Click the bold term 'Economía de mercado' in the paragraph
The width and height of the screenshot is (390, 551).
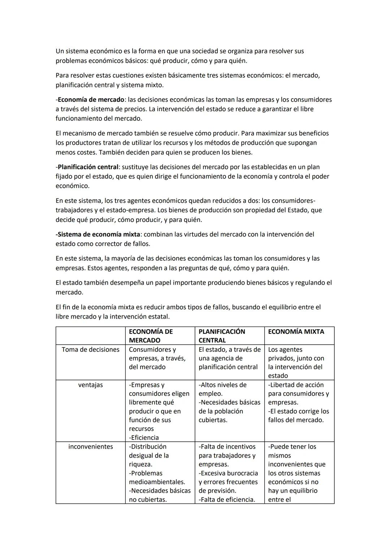tap(91, 100)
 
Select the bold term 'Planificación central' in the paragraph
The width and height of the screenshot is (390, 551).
tap(88, 167)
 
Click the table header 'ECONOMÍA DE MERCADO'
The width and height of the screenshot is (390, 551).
tap(151, 336)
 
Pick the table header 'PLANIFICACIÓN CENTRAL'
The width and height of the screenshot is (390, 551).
tap(222, 336)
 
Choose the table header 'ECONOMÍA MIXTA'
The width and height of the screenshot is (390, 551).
tap(296, 332)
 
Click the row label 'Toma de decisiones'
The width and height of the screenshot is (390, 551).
tap(90, 350)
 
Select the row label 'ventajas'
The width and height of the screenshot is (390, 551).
tap(90, 385)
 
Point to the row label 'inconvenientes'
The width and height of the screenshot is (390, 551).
tap(90, 447)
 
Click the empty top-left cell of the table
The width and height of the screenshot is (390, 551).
tap(90, 336)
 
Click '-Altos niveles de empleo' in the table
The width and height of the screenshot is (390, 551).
tap(222, 389)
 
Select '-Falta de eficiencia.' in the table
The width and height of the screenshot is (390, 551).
tap(227, 500)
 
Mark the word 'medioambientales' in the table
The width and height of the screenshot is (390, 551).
tap(157, 482)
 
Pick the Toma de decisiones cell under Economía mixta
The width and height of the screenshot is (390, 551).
tap(296, 363)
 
